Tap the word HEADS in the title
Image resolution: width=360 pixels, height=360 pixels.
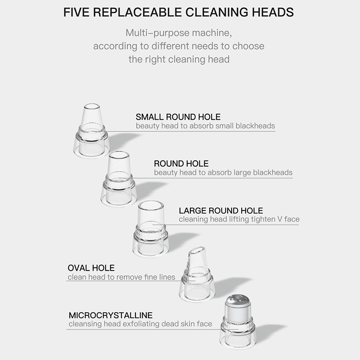273,12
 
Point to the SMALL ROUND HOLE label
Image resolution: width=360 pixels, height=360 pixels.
178,117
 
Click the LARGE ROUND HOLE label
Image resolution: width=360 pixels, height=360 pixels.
221,211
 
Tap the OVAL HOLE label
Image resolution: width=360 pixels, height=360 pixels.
91,268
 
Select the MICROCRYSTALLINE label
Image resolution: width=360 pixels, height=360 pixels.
111,315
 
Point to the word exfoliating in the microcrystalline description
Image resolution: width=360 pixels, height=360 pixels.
141,324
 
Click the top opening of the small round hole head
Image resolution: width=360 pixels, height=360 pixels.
92,107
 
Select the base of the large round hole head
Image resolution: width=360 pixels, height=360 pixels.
151,246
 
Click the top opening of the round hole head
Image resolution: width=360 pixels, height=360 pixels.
119,154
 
